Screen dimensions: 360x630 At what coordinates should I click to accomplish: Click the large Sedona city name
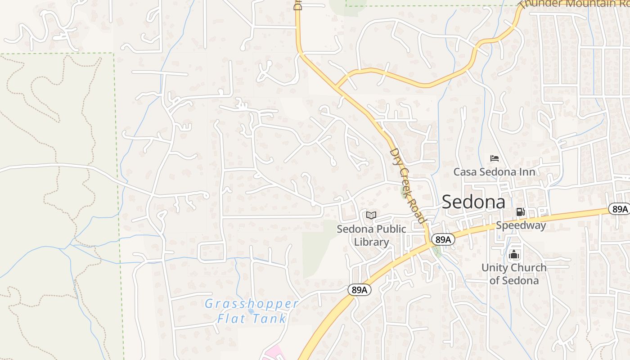(x=473, y=202)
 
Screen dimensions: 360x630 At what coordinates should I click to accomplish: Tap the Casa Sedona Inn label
(x=494, y=172)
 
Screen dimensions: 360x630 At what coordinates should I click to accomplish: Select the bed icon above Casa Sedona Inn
(x=494, y=158)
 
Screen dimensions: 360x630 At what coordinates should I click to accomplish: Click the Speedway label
(x=521, y=225)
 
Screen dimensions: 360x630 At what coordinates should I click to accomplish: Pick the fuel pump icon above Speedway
(x=520, y=211)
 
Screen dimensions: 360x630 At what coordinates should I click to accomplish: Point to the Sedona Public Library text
(x=371, y=235)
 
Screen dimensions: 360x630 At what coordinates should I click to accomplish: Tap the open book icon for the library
(x=371, y=215)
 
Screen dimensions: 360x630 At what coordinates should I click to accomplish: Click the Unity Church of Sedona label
(x=514, y=274)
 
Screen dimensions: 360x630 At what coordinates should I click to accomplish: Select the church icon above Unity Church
(x=514, y=255)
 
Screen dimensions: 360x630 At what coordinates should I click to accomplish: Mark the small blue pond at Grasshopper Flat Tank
(x=251, y=311)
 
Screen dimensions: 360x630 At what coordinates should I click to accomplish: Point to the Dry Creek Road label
(x=407, y=185)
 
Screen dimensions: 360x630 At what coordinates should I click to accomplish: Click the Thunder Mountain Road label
(x=571, y=4)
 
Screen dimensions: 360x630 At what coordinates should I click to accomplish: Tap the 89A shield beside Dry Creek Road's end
(x=443, y=239)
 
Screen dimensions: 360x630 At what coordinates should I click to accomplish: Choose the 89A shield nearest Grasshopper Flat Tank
(x=360, y=290)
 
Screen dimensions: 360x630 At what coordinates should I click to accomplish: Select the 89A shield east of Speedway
(x=619, y=209)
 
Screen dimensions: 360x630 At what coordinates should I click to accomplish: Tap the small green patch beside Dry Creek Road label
(x=404, y=192)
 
